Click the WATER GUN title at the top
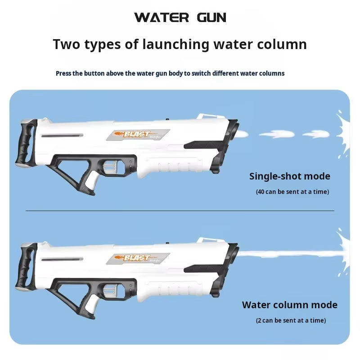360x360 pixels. click(180, 18)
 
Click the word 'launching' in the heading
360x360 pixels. click(175, 44)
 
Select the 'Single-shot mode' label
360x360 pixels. click(290, 176)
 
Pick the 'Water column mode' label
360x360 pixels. click(290, 305)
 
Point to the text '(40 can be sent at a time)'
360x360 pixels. click(292, 192)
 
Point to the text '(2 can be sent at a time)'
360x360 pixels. click(291, 320)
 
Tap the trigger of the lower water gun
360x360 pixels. click(109, 291)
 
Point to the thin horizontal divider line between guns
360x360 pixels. click(180, 211)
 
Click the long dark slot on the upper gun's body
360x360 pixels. click(62, 136)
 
